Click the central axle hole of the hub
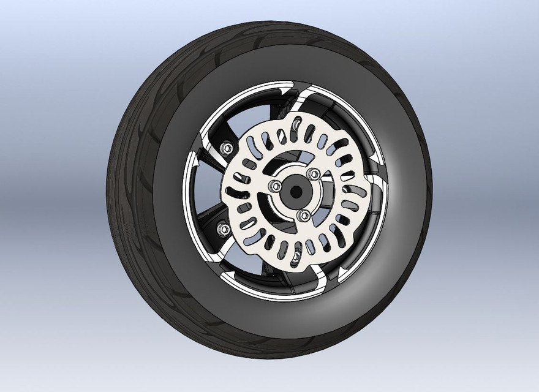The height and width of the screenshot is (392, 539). pyautogui.click(x=295, y=190)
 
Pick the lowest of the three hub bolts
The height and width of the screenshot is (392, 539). pyautogui.click(x=301, y=215)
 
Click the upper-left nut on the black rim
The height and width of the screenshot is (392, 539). pyautogui.click(x=225, y=147)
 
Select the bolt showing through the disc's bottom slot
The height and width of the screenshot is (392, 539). pyautogui.click(x=295, y=258)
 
